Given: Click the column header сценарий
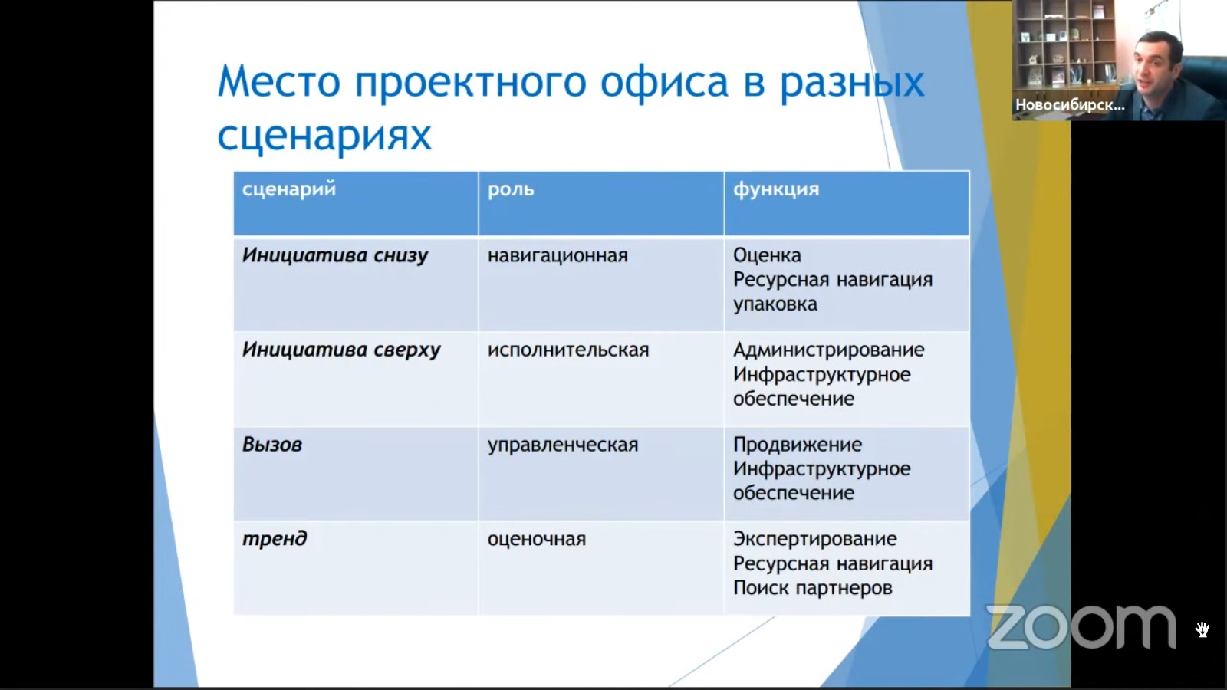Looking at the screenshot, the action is [x=288, y=190].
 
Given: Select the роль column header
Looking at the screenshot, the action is [x=511, y=190].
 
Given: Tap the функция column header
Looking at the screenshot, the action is [x=775, y=190].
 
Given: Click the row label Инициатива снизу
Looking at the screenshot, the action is [x=334, y=256].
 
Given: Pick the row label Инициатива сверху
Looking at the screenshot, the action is [x=341, y=350].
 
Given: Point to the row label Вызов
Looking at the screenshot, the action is [x=271, y=445].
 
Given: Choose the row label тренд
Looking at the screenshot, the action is [x=275, y=540].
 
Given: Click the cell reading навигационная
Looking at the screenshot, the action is [x=558, y=256].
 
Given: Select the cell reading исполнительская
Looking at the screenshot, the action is [x=568, y=350].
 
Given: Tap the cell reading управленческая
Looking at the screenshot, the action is [x=563, y=445].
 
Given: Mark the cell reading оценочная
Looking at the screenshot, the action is [x=536, y=540].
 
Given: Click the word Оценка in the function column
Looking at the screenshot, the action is [x=767, y=255].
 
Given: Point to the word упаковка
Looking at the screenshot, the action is [x=775, y=304].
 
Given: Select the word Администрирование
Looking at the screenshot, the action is [x=828, y=350].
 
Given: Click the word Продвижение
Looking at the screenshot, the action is [x=797, y=445].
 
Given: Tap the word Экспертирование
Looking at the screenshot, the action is [x=814, y=540].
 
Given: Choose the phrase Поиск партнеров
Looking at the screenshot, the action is [x=812, y=588].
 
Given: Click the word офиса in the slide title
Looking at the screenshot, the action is [x=664, y=82].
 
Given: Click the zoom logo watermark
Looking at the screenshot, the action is [x=1081, y=627].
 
